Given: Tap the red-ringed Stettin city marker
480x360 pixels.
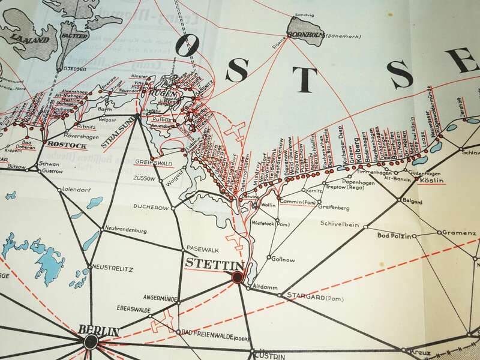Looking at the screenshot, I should (238, 277).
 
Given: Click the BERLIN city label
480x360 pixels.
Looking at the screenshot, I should (99, 331).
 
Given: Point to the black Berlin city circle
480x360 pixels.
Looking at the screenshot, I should (91, 342).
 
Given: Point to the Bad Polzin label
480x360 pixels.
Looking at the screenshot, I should (394, 236).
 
